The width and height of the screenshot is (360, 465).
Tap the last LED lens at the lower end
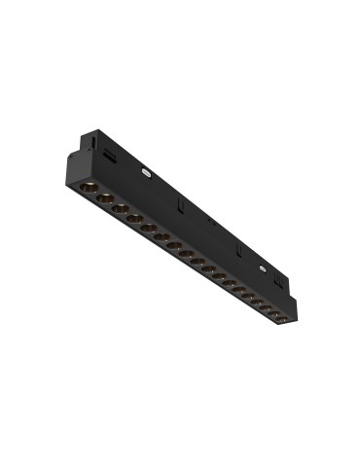pyautogui.click(x=279, y=318)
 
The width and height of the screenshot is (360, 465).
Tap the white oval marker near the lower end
pyautogui.click(x=262, y=266)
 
